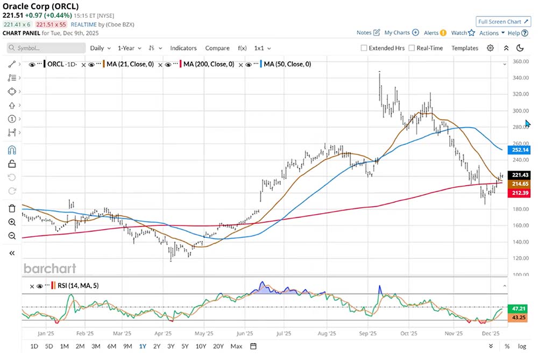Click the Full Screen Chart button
tap(504, 22)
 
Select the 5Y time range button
tap(185, 346)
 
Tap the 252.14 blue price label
tap(520, 150)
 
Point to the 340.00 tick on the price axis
tap(519, 78)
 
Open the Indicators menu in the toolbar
tap(183, 48)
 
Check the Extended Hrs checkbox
tap(364, 48)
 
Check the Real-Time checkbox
tap(412, 48)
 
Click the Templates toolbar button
tap(465, 48)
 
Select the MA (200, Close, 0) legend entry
tap(209, 64)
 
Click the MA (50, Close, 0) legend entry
tap(287, 64)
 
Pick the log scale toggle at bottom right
tap(522, 346)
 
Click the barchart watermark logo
tap(49, 268)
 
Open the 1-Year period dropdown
tap(129, 48)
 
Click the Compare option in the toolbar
tap(217, 48)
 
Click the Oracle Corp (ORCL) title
tap(40, 6)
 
